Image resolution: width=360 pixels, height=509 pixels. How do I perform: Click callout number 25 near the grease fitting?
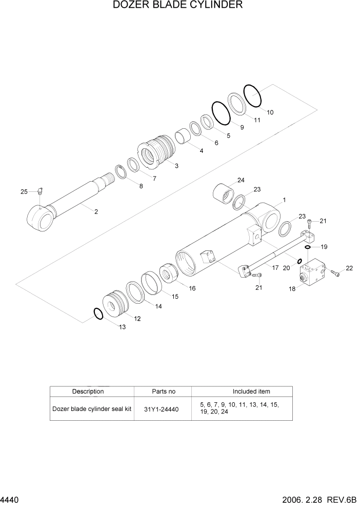pos(24,191)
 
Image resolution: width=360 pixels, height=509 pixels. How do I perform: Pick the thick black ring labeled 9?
pos(221,113)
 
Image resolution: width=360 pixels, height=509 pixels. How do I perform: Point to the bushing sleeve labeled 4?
pos(183,137)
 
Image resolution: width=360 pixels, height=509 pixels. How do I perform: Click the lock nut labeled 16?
pos(170,272)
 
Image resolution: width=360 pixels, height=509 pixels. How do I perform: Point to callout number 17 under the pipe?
pos(275,267)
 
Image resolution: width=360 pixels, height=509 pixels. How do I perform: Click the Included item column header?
pos(251,391)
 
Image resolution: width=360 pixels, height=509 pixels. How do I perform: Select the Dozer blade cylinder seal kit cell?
pos(91,409)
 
